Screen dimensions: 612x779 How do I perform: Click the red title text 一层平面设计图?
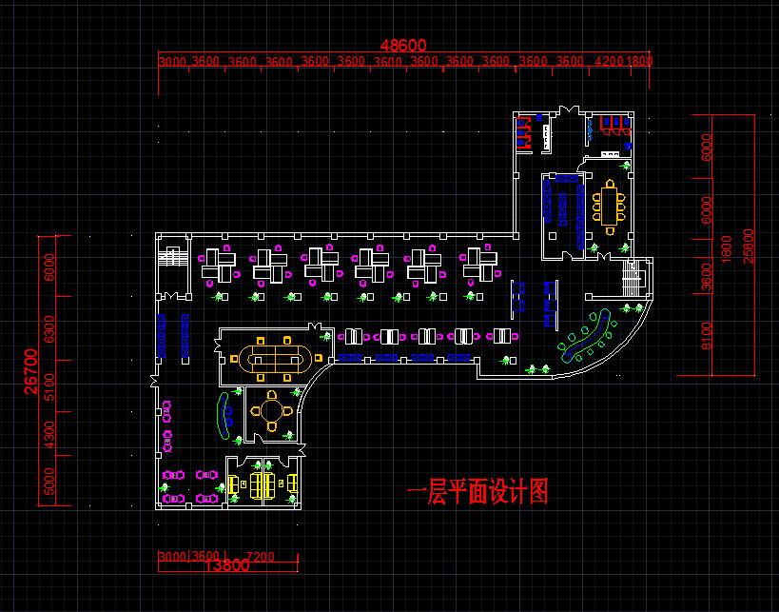tap(478, 492)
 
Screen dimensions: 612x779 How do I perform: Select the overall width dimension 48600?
tap(403, 46)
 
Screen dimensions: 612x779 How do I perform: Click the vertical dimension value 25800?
tap(750, 247)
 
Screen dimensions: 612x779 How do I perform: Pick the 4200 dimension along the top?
tap(609, 61)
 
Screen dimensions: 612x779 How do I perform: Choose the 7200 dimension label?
tap(260, 556)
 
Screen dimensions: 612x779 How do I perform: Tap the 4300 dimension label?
tap(49, 435)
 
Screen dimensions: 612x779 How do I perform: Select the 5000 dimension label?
tap(49, 485)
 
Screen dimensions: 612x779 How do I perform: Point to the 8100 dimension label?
tap(706, 335)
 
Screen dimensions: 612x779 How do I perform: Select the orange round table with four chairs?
tap(272, 411)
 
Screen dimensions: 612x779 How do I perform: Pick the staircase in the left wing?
tap(173, 257)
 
